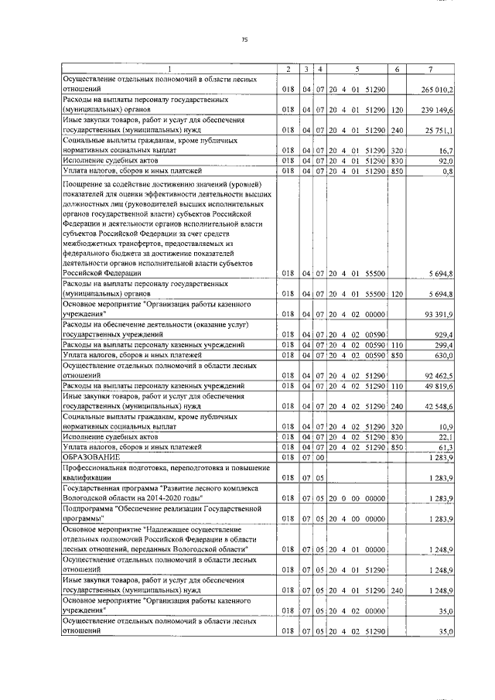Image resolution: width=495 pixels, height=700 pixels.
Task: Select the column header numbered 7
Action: (x=441, y=70)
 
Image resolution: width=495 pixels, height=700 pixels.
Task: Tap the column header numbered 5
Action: (x=357, y=70)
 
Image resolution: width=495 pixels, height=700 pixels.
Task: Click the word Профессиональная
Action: (x=104, y=470)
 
